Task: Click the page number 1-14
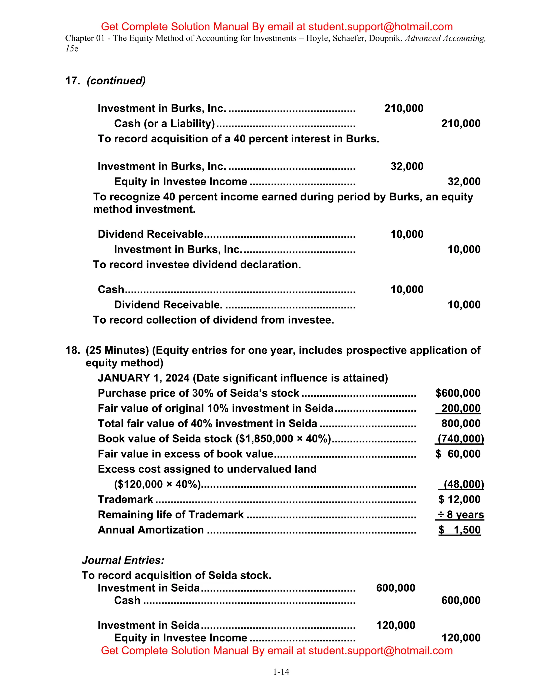pos(281,672)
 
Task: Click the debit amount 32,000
pos(407,166)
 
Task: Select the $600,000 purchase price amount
pos(458,393)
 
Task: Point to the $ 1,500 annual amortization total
pos(459,530)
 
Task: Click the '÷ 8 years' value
pos(460,514)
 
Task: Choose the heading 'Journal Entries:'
pos(123,560)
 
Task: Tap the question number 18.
pos(72,350)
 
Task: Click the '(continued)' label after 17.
pos(116,81)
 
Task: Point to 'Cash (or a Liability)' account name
pos(164,123)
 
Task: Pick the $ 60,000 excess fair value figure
pos(458,454)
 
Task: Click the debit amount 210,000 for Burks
pos(404,108)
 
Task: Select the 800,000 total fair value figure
pos(460,423)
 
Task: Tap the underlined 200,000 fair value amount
pos(460,408)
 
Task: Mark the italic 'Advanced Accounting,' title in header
pos(445,38)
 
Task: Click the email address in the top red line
pos(380,26)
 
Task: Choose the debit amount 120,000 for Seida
pos(396,625)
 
